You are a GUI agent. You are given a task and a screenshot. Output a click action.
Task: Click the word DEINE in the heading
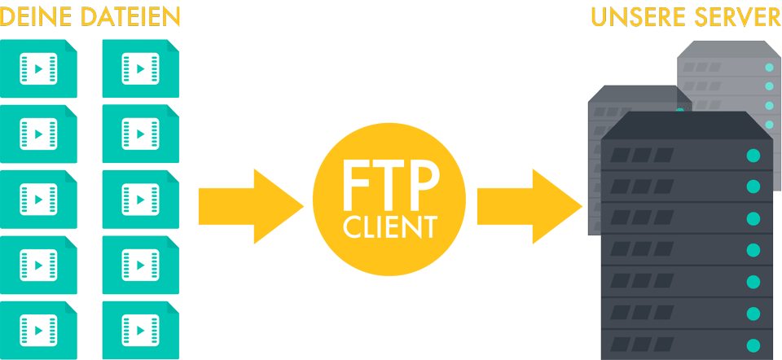pyautogui.click(x=37, y=17)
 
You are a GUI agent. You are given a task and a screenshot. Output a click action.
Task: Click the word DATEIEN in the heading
pyautogui.click(x=130, y=17)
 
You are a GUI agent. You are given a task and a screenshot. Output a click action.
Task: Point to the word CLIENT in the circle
pyautogui.click(x=390, y=227)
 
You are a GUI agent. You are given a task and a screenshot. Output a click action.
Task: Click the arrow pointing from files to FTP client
pyautogui.click(x=251, y=206)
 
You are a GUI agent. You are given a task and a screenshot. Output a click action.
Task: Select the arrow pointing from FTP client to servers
pyautogui.click(x=529, y=206)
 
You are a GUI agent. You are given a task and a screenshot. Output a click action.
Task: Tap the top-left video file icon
pyautogui.click(x=38, y=68)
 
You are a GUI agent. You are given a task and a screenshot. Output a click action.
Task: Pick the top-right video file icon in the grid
pyautogui.click(x=141, y=68)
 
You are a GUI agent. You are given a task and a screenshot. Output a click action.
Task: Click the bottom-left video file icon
pyautogui.click(x=38, y=330)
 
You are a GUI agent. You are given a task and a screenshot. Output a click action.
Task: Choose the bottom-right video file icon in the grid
pyautogui.click(x=141, y=330)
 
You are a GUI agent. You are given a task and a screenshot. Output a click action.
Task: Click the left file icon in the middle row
pyautogui.click(x=38, y=200)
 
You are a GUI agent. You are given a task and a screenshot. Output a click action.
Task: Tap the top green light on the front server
pyautogui.click(x=753, y=156)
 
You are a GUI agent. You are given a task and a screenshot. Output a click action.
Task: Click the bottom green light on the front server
pyautogui.click(x=753, y=345)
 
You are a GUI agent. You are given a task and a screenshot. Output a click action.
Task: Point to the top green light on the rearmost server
pyautogui.click(x=769, y=68)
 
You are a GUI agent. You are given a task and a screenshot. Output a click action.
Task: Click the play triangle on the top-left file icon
pyautogui.click(x=38, y=68)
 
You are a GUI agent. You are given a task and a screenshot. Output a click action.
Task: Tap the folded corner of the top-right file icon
pyautogui.click(x=172, y=46)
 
